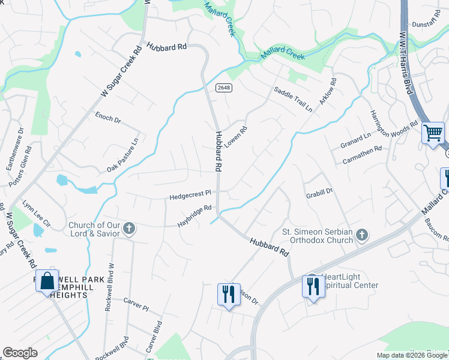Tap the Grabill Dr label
click(319, 191)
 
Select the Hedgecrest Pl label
click(190, 194)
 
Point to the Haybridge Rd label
click(194, 216)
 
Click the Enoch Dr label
click(108, 117)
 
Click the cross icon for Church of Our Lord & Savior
click(129, 229)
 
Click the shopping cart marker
click(433, 133)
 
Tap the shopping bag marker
click(47, 281)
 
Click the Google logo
click(20, 353)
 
